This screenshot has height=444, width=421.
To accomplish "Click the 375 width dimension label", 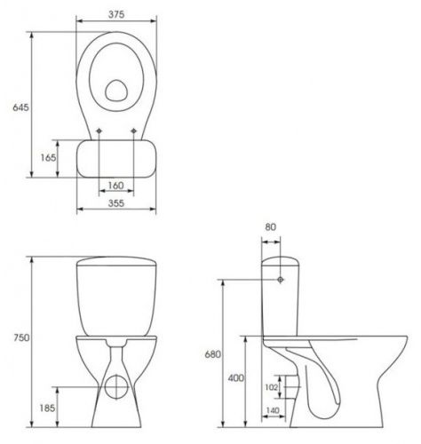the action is point(116,14).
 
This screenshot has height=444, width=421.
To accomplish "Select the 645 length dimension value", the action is point(20,107).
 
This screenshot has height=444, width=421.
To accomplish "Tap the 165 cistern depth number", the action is point(48,158).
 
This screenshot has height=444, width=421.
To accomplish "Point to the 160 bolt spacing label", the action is point(115,186).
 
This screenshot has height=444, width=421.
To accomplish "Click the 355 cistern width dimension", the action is point(116,203).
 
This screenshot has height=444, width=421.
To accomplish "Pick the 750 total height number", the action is point(21,337).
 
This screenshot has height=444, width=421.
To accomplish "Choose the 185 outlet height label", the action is point(47,408).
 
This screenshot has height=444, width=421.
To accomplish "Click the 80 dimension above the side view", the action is point(271,227).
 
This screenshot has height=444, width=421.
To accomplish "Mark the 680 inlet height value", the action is point(213,354).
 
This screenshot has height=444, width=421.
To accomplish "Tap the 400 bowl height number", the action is point(236,378).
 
